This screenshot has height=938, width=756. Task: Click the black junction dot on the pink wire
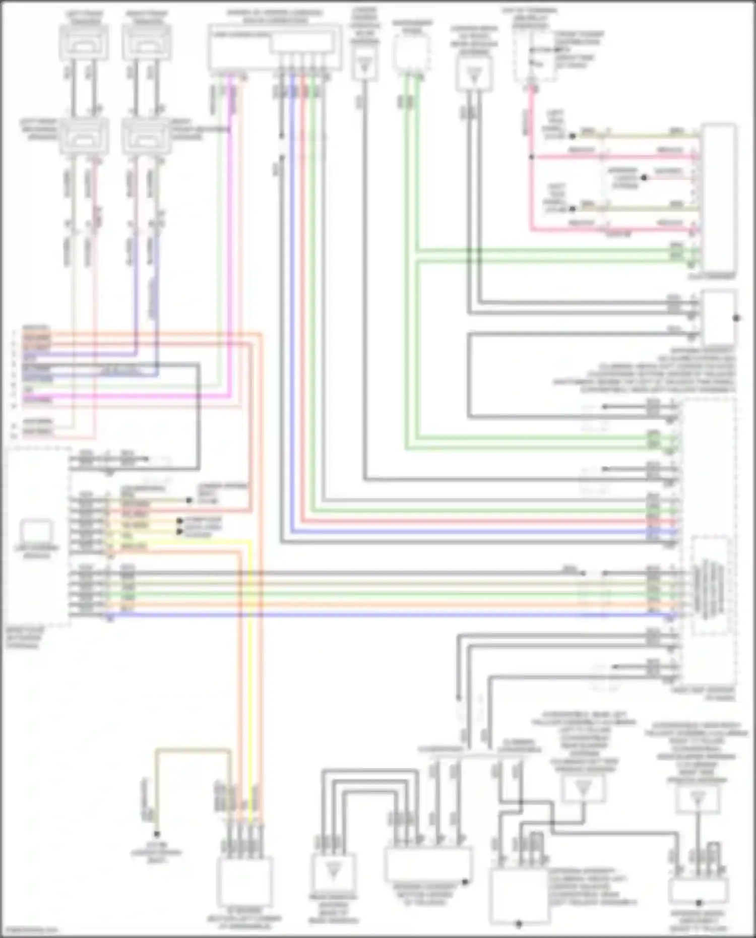(x=531, y=157)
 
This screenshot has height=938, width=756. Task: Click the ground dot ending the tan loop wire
(x=157, y=834)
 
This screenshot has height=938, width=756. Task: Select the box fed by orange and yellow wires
(x=245, y=880)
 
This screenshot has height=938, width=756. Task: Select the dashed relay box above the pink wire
(x=534, y=55)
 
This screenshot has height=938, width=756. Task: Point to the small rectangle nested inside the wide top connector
(x=301, y=43)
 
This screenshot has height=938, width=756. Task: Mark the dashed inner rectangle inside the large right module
(x=710, y=585)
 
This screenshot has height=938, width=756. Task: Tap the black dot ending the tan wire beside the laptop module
(x=189, y=500)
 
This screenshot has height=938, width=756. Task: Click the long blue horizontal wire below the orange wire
(x=353, y=615)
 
